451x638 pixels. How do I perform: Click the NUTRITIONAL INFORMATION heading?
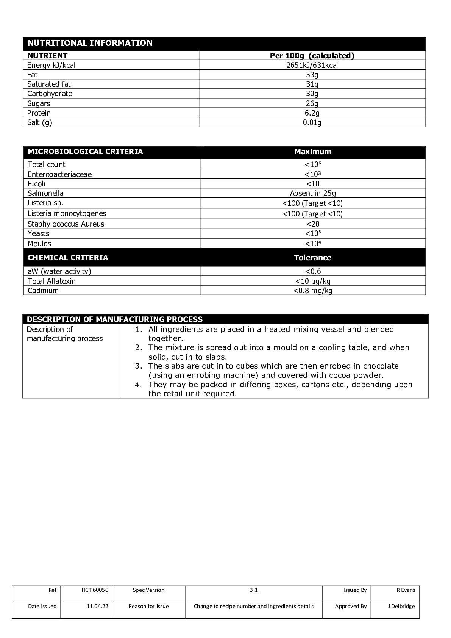pos(90,43)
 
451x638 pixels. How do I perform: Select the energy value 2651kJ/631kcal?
pos(312,65)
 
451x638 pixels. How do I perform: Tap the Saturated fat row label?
pos(49,84)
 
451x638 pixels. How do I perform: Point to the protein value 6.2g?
pos(312,113)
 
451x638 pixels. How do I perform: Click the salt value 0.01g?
pos(312,122)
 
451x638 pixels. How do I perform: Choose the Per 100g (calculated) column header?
pos(312,56)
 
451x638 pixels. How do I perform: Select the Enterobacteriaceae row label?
pos(59,174)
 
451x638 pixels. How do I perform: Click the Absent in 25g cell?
pos(313,193)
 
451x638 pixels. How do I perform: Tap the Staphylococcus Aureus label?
pos(66,224)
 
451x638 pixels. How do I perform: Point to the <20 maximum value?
pos(313,224)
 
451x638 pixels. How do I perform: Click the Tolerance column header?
pos(313,258)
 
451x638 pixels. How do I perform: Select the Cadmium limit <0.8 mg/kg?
pos(313,291)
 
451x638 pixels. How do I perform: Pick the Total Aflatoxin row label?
pos(51,281)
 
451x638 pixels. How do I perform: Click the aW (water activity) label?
pos(59,271)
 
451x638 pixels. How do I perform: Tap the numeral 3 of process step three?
pos(139,366)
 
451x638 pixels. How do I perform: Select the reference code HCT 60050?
pos(95,590)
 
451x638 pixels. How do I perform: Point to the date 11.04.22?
pos(97,606)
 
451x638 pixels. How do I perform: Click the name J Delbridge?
pos(401,606)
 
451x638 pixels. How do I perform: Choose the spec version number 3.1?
pos(254,590)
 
